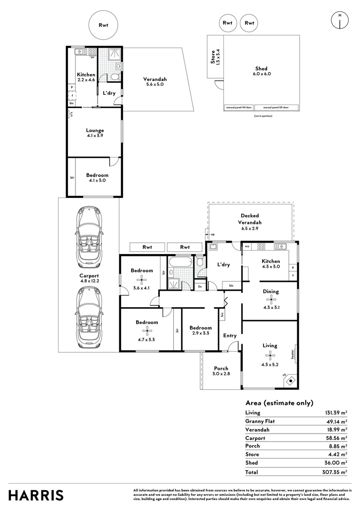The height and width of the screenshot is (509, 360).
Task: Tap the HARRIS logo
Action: pyautogui.click(x=36, y=495)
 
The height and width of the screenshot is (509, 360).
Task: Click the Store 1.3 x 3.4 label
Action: pyautogui.click(x=215, y=57)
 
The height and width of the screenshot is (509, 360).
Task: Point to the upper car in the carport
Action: pyautogui.click(x=89, y=236)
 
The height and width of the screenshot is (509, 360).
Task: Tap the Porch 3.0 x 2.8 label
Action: pyautogui.click(x=221, y=371)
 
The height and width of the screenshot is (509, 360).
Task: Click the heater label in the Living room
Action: pyautogui.click(x=293, y=354)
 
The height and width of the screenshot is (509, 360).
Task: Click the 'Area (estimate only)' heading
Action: pyautogui.click(x=279, y=402)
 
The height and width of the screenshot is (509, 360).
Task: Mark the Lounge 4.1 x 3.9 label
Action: pyautogui.click(x=95, y=133)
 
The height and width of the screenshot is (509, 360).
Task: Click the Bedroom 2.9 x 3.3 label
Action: pyautogui.click(x=200, y=330)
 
